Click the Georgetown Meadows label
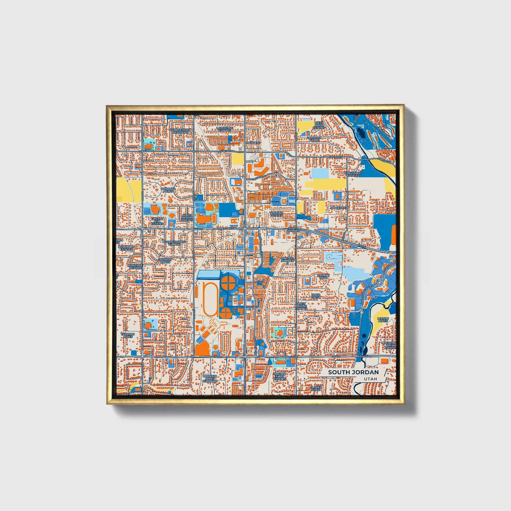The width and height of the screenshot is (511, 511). coord(180,131)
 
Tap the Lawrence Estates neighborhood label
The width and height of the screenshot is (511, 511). coord(225,129)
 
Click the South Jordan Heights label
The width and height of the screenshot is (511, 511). coord(187,217)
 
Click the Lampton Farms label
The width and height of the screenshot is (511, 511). coord(315,139)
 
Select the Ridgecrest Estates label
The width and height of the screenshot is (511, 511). coord(354,174)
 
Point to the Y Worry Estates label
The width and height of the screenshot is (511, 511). coord(277,214)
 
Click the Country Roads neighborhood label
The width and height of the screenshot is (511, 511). coord(165,261)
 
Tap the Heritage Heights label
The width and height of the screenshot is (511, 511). coord(135,267)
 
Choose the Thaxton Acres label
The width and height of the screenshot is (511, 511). coord(128,335)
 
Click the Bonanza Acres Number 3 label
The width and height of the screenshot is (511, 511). coord(210,379)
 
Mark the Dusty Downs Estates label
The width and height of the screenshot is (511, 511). coord(301,306)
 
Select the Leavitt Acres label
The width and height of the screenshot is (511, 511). coord(383,320)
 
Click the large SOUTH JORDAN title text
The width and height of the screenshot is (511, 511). coord(353,372)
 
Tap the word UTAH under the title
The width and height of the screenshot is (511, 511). coord(370,379)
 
